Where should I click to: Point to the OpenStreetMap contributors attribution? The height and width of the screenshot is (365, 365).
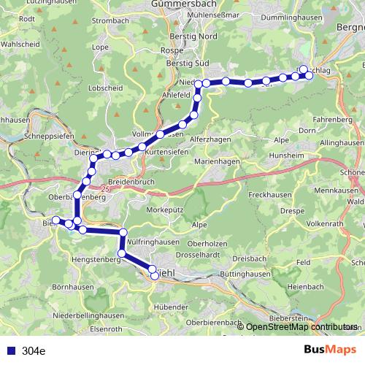tap(300, 327)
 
